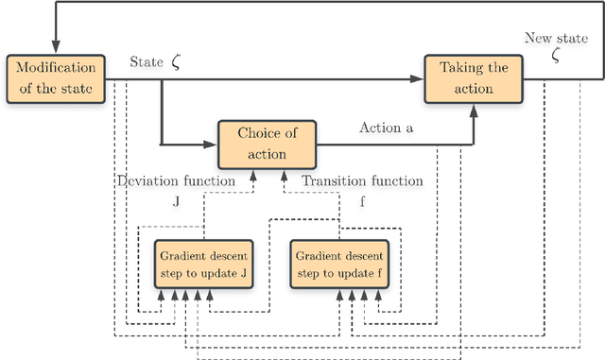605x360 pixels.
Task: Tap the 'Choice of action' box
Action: (x=267, y=144)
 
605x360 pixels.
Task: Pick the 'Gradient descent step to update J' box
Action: (x=204, y=265)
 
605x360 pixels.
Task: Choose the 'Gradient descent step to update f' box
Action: (x=340, y=265)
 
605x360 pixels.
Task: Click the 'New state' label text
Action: (x=555, y=39)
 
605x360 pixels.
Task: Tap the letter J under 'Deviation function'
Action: (x=176, y=201)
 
